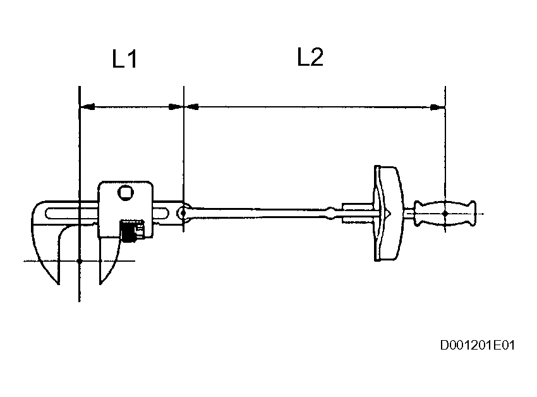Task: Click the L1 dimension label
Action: pyautogui.click(x=124, y=60)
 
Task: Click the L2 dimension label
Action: pyautogui.click(x=310, y=58)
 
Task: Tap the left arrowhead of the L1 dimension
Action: pyautogui.click(x=87, y=107)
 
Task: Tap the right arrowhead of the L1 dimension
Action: pyautogui.click(x=176, y=107)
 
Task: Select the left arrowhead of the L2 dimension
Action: pyautogui.click(x=190, y=107)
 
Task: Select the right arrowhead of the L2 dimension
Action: pyautogui.click(x=438, y=107)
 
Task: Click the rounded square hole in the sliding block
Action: pyautogui.click(x=126, y=193)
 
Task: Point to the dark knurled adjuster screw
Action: pyautogui.click(x=131, y=231)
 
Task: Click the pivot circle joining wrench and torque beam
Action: pyautogui.click(x=183, y=214)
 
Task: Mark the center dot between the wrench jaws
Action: pyautogui.click(x=80, y=260)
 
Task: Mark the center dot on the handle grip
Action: pyautogui.click(x=445, y=214)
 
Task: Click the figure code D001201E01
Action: pyautogui.click(x=478, y=345)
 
